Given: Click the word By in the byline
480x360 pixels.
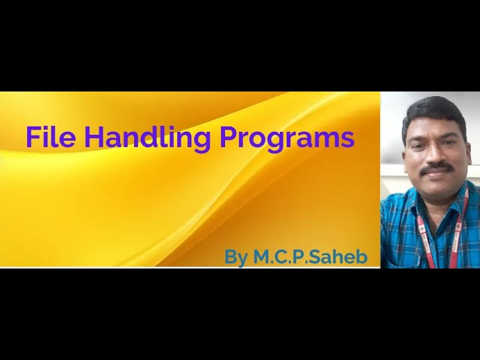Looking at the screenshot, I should coord(236,257).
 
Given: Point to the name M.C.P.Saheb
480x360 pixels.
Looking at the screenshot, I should coord(310,257).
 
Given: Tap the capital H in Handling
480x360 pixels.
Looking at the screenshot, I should coord(94,137).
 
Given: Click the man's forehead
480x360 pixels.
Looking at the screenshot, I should coord(435,126).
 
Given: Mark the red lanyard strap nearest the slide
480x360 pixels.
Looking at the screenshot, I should coord(424,232).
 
